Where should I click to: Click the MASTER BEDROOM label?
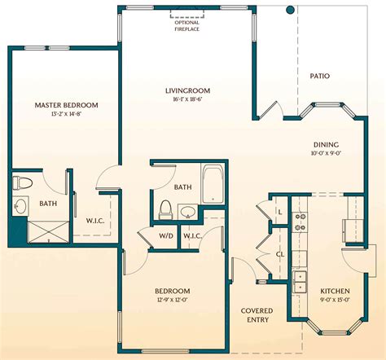[x=66, y=105]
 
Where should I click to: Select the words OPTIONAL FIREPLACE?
[x=186, y=25]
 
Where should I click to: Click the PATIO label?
[x=320, y=76]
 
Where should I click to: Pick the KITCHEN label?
[x=335, y=291]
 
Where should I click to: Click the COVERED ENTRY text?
[x=257, y=316]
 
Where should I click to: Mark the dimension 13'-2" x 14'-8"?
[x=66, y=114]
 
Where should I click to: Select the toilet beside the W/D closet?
[x=165, y=209]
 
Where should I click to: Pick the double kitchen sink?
[x=299, y=281]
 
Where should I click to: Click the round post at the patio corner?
[x=289, y=10]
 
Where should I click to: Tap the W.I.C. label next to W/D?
[x=193, y=236]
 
